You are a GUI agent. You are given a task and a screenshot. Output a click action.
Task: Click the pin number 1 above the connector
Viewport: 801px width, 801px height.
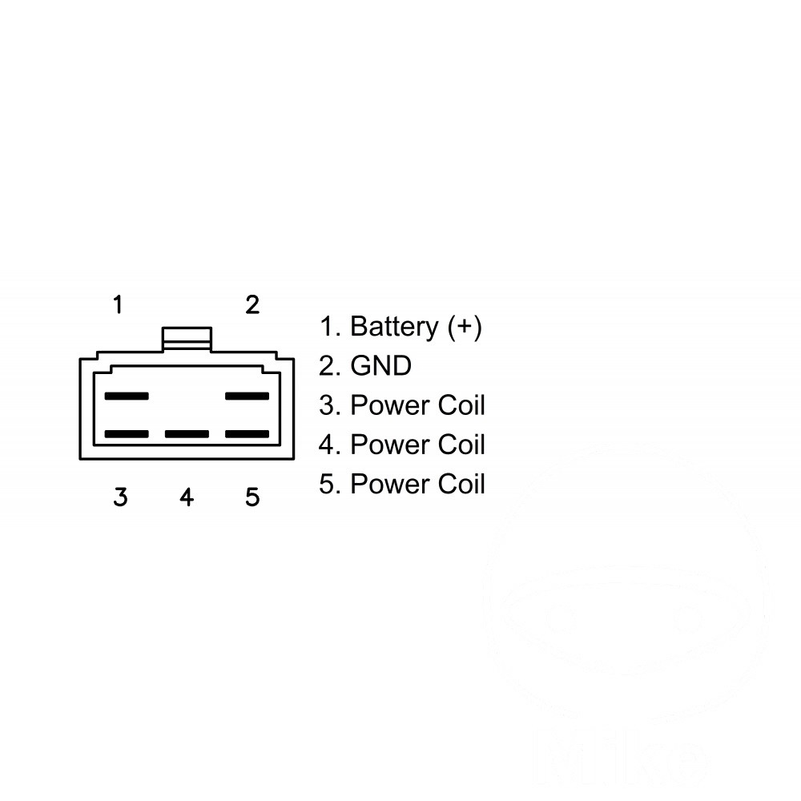pos(118,304)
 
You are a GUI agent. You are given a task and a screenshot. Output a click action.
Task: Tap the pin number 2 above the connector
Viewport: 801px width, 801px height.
pos(252,304)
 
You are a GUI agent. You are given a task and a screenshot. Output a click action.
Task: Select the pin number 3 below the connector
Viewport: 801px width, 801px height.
pos(120,497)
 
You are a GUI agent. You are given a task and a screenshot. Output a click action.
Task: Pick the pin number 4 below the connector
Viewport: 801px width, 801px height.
pos(187,497)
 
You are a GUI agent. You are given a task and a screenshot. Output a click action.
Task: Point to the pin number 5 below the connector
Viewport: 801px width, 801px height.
pos(252,497)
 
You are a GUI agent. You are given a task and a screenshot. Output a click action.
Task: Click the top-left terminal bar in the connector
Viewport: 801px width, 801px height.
pos(127,396)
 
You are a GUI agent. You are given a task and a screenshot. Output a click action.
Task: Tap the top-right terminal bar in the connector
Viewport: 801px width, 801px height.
pos(248,396)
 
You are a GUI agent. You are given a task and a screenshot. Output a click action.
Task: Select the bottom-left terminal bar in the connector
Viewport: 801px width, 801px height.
pos(127,434)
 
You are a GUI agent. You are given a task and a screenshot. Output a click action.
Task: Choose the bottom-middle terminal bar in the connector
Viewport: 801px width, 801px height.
pos(187,434)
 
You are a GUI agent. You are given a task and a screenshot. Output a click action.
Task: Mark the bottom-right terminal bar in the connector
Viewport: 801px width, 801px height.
pos(248,434)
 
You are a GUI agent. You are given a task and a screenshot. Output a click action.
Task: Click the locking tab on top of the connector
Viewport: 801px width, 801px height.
pos(187,339)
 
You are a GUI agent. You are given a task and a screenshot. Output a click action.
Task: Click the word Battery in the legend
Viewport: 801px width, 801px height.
pos(394,328)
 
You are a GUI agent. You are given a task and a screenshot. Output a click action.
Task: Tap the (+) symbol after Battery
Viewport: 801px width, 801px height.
pos(465,327)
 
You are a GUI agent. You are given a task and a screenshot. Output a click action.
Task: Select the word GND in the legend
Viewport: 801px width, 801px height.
pos(381,366)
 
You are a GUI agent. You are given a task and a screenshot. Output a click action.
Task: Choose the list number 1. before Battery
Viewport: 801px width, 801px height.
pos(330,327)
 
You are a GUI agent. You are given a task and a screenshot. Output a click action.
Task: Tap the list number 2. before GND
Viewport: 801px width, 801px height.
pos(330,366)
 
